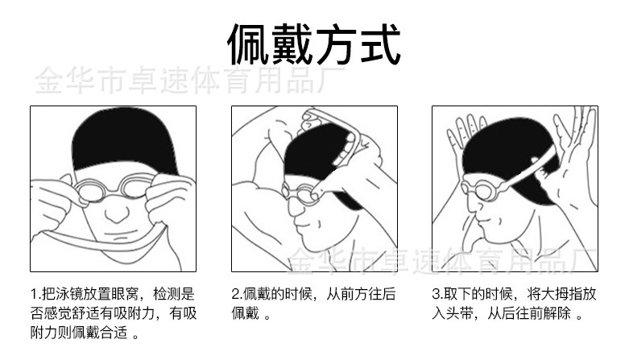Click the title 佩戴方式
[x=314, y=44]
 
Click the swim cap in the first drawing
[x=113, y=141]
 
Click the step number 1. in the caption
[x=35, y=295]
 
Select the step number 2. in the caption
[x=237, y=295]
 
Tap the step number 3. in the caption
[x=437, y=295]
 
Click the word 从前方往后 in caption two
[x=361, y=295]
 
